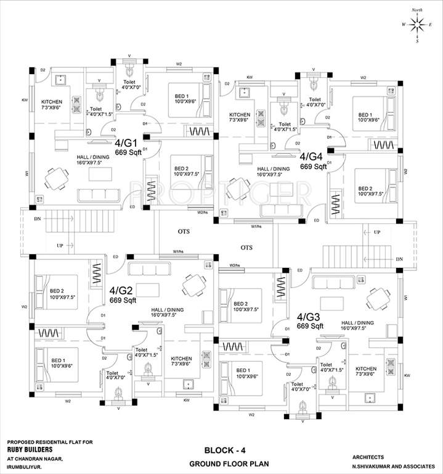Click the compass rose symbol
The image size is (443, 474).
point(418,25)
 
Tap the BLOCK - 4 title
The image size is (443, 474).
point(218,449)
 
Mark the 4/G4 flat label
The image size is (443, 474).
point(312,157)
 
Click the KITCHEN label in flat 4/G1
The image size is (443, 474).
point(52,102)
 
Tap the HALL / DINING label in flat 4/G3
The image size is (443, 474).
point(357,323)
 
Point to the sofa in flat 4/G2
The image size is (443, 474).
point(144,270)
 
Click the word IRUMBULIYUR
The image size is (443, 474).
point(27,466)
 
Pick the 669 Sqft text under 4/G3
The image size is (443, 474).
point(311,326)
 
